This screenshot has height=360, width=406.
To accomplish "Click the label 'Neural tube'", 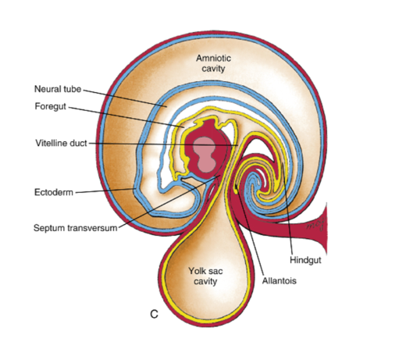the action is click(x=58, y=89).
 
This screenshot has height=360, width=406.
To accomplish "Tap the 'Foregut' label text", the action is click(x=51, y=106).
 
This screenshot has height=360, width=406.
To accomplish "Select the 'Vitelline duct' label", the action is click(x=61, y=143).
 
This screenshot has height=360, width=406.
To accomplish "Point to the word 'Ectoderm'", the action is click(x=54, y=192).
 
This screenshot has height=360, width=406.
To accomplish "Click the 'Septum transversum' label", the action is click(x=76, y=228).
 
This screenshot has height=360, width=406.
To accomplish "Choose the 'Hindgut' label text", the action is click(x=305, y=260).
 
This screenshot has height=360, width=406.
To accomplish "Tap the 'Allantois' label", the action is click(x=280, y=281).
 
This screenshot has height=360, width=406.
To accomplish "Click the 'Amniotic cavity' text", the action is click(x=213, y=63).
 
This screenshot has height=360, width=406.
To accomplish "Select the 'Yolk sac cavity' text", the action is click(x=205, y=276).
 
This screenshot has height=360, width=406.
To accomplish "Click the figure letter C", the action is click(x=154, y=315).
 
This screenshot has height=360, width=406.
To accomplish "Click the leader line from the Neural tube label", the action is click(x=125, y=98).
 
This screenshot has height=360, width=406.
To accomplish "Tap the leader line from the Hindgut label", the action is click(x=287, y=209).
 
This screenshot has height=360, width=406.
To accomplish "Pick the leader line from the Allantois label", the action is click(x=250, y=230).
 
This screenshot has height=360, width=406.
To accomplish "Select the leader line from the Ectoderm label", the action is click(x=105, y=191).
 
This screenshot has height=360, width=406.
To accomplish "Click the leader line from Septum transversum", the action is click(x=169, y=201).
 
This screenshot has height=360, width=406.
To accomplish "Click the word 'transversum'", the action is click(x=92, y=228).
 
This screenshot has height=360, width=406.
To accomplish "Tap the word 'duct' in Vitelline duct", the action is click(x=77, y=143).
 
